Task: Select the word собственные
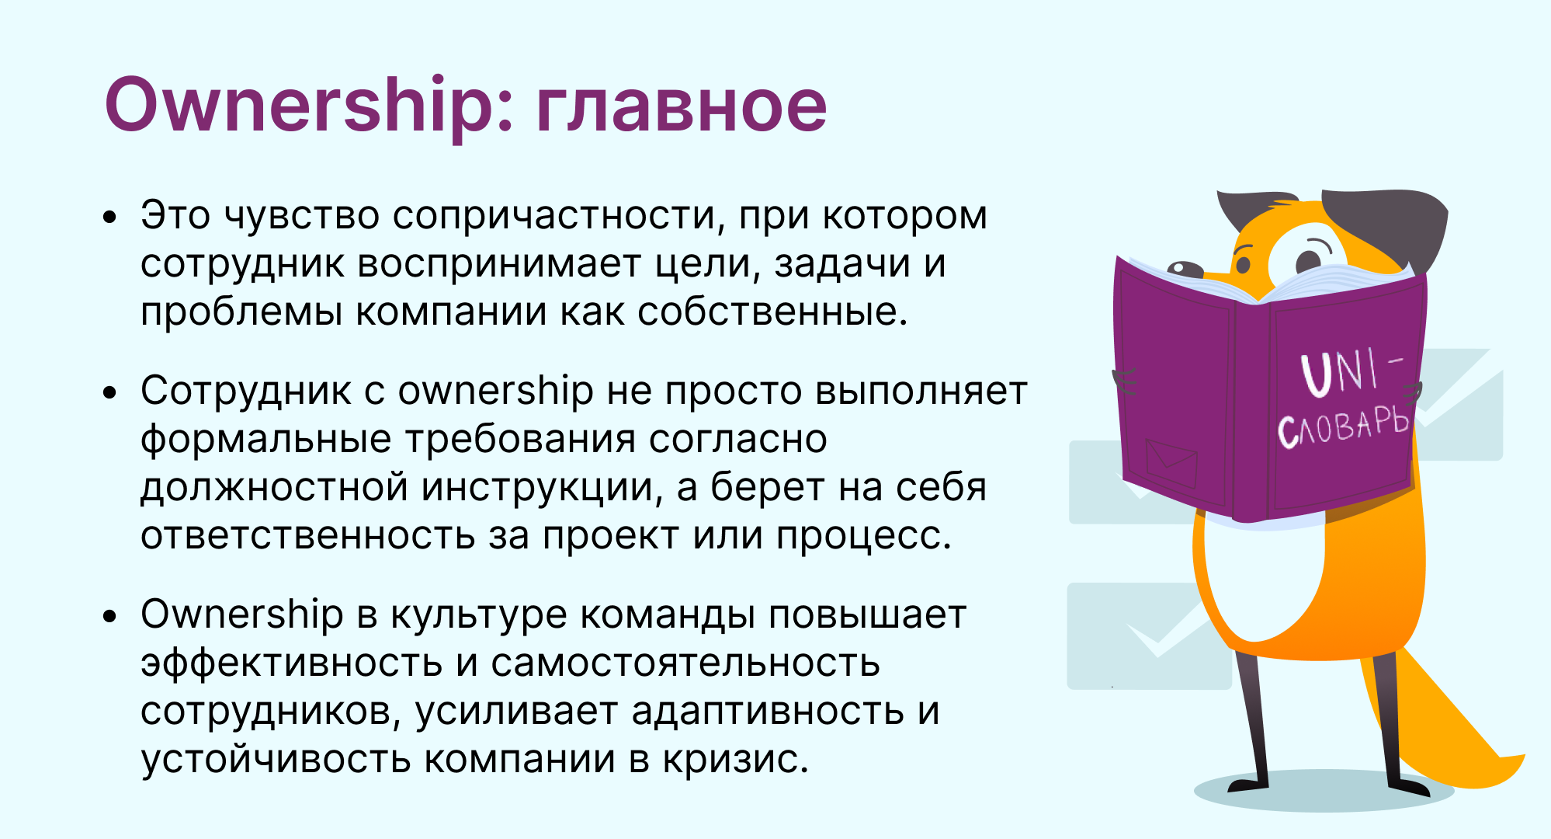coord(772,312)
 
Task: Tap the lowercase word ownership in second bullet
coord(495,391)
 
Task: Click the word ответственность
coord(307,536)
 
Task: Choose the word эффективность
coord(291,663)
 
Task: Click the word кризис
coord(735,759)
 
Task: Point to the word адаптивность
coord(768,712)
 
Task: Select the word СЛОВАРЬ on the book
coord(1343,427)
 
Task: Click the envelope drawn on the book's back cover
coord(1171,464)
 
